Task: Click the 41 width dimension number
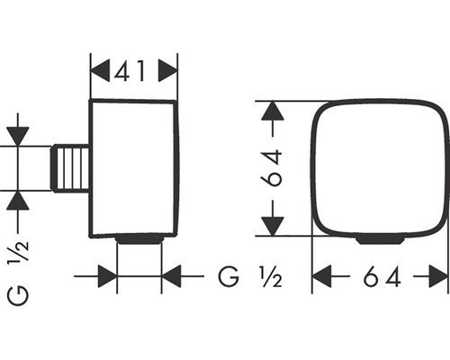point(130,71)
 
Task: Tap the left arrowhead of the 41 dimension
point(100,71)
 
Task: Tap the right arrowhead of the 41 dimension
point(167,71)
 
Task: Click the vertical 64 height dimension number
point(272,168)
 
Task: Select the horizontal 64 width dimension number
point(382,277)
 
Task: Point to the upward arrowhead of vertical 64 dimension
point(273,111)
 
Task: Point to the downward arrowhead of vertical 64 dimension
point(273,226)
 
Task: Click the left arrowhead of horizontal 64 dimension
point(322,276)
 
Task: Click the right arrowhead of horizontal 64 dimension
point(438,276)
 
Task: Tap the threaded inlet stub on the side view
point(70,168)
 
